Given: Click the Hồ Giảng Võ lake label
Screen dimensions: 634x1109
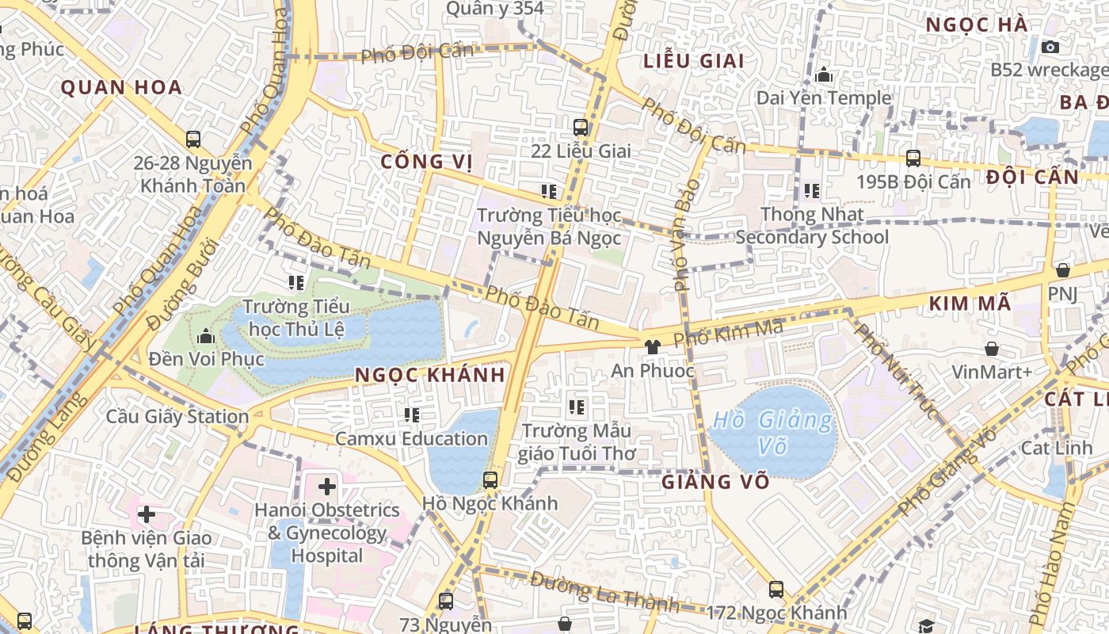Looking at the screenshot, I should (772, 433).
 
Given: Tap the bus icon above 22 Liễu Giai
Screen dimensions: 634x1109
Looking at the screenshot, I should (581, 127).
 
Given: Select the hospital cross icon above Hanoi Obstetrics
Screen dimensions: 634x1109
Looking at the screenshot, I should (326, 486).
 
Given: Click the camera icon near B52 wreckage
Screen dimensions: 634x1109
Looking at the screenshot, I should (1050, 47).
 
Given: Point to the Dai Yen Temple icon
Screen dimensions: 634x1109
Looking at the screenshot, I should (824, 75).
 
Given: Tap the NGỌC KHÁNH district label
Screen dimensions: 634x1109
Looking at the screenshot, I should (429, 375).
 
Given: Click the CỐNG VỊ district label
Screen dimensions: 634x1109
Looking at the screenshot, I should (426, 162).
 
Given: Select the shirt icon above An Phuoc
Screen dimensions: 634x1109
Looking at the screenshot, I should (652, 347).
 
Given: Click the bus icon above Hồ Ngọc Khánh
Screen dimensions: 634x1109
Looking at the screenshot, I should (490, 479).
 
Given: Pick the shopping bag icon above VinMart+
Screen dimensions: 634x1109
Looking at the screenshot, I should (991, 349).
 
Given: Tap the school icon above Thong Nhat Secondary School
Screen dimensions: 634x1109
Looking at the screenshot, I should (812, 191).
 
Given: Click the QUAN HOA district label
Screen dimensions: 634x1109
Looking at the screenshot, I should (121, 87).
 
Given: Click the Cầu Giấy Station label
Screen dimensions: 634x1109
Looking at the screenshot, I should (177, 416).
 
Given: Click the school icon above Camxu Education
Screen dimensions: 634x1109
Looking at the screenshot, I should (411, 414).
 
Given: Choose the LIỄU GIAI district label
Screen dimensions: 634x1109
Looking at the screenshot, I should (693, 61).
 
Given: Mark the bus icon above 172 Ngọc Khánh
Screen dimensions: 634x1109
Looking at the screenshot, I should (776, 590).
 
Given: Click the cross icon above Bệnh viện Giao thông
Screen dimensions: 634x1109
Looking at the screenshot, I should (146, 514).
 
